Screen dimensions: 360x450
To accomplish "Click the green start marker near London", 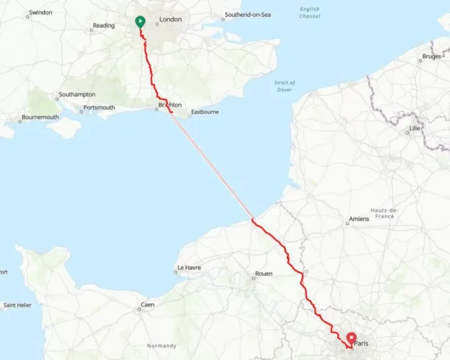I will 140,22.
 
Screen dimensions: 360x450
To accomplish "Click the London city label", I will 171,19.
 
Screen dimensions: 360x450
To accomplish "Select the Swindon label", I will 41,12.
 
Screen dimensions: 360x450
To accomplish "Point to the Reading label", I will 104,26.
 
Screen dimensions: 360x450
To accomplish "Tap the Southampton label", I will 77,94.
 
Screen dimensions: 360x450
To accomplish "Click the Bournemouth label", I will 40,117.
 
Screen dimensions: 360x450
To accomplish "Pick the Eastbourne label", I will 204,112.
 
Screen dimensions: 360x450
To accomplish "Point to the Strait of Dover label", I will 284,86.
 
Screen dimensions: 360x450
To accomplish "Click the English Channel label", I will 309,12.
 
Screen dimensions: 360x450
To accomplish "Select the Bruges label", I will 431,56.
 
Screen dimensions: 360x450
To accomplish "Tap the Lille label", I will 414,128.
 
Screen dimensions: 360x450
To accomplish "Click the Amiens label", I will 359,219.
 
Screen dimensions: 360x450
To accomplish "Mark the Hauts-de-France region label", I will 384,213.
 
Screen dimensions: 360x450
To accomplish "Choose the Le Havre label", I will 189,267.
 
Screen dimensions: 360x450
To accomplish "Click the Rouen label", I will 263,274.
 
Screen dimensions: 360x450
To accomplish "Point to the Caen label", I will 147,304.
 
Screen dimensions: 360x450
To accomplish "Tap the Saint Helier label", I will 17,305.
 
